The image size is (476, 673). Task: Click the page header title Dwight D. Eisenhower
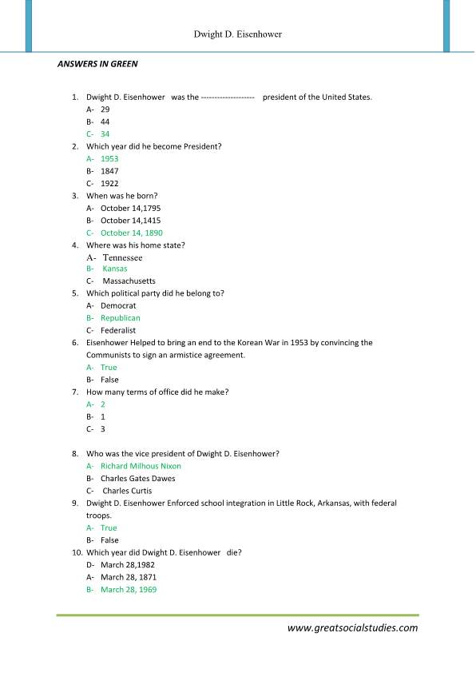pyautogui.click(x=237, y=35)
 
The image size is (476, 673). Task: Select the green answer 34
pyautogui.click(x=105, y=133)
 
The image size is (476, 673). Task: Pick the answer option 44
pyautogui.click(x=105, y=121)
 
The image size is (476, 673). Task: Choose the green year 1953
pyautogui.click(x=109, y=158)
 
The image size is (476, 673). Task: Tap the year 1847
pyautogui.click(x=109, y=171)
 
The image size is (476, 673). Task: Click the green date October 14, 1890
pyautogui.click(x=132, y=233)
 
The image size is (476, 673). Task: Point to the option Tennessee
pyautogui.click(x=122, y=257)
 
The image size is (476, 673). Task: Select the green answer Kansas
pyautogui.click(x=114, y=269)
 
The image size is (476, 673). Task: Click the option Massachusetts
pyautogui.click(x=129, y=281)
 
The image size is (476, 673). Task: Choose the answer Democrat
pyautogui.click(x=118, y=305)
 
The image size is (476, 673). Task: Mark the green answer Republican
pyautogui.click(x=121, y=318)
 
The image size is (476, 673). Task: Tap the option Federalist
pyautogui.click(x=118, y=330)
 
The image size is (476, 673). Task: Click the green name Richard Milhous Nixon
pyautogui.click(x=141, y=466)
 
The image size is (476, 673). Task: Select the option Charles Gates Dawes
pyautogui.click(x=137, y=478)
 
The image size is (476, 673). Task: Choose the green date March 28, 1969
pyautogui.click(x=129, y=589)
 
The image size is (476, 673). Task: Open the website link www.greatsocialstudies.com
pyautogui.click(x=352, y=627)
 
